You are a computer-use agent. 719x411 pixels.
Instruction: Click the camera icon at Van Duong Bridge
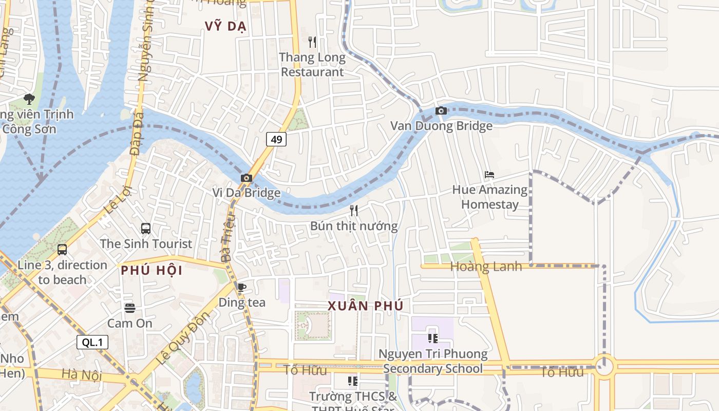click(x=441, y=110)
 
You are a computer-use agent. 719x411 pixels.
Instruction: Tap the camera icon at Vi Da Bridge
click(x=247, y=178)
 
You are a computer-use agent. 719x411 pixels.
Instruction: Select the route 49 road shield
click(x=276, y=139)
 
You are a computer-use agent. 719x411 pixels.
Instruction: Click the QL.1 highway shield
click(x=92, y=342)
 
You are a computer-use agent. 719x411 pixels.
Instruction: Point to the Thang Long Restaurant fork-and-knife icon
click(x=312, y=42)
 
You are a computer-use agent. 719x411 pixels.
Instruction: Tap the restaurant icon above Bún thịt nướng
click(x=353, y=210)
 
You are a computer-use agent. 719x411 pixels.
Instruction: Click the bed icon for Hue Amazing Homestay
click(x=489, y=175)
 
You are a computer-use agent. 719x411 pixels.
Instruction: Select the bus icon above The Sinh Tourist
click(x=146, y=229)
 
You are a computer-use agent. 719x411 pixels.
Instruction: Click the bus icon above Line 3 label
click(x=62, y=250)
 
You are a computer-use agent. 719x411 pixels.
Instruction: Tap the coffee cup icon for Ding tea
click(x=242, y=287)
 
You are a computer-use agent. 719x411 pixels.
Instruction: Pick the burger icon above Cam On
click(x=129, y=308)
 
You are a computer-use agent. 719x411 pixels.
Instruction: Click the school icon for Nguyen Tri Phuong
click(x=432, y=338)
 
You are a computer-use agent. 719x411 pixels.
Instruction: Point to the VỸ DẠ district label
click(x=225, y=26)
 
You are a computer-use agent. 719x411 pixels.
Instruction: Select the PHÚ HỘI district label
click(x=152, y=270)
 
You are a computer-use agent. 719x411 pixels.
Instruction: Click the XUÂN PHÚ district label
click(x=365, y=306)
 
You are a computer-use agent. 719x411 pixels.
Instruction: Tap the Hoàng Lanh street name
click(x=486, y=266)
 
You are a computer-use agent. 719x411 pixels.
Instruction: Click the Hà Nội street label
click(x=82, y=375)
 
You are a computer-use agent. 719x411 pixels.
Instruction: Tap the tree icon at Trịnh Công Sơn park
click(x=29, y=98)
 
